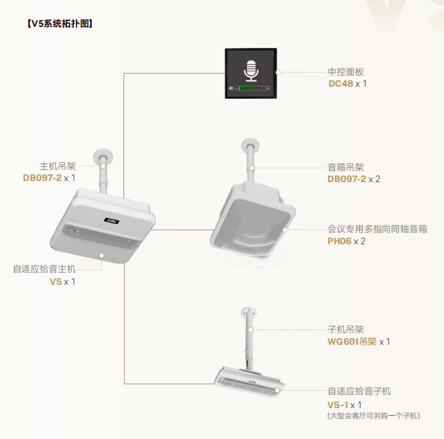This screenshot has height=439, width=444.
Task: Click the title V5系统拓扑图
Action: pos(60,23)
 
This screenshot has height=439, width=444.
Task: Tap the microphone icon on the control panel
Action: pos(251,71)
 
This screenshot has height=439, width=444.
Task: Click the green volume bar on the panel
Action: pos(246,88)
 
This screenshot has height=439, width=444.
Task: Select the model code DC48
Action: pos(341,84)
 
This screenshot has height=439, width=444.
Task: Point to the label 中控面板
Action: pos(346,72)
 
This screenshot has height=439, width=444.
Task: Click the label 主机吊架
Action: pos(58,166)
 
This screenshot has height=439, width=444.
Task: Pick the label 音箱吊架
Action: pos(346,167)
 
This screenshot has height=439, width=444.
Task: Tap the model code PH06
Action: pos(339,241)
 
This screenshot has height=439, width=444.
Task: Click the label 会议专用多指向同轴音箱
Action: pos(377,229)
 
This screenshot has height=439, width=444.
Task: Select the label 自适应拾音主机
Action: pos(45,269)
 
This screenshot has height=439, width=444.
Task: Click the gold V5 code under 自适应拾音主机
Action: pos(55,282)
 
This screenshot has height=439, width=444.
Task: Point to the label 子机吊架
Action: pos(346,329)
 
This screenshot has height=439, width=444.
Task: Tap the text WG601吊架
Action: pos(352,341)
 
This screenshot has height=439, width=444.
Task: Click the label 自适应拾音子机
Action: pos(359,391)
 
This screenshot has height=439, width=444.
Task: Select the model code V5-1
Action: pos(338,405)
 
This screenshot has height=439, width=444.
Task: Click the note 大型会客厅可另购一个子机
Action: pos(374,416)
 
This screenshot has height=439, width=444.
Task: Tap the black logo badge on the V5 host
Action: pos(111,220)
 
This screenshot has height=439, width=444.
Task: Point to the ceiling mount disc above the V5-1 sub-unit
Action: pos(249,312)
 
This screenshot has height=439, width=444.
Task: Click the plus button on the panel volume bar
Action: pos(268,88)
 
